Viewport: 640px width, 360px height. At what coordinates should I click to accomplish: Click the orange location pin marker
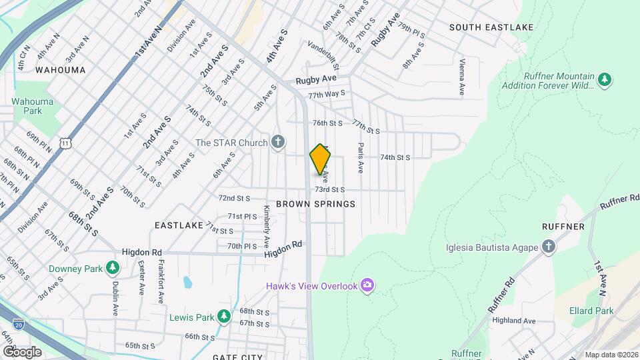pyautogui.click(x=320, y=159)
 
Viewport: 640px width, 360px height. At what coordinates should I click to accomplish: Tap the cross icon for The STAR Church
pyautogui.click(x=278, y=142)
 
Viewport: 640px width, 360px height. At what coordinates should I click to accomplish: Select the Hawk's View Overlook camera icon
pyautogui.click(x=367, y=286)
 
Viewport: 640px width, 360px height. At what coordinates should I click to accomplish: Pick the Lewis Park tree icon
pyautogui.click(x=225, y=316)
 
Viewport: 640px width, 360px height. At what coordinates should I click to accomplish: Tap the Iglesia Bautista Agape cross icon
pyautogui.click(x=548, y=248)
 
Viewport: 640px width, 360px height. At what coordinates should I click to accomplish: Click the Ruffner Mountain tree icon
pyautogui.click(x=605, y=79)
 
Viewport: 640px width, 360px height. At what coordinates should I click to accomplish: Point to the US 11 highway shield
pyautogui.click(x=65, y=142)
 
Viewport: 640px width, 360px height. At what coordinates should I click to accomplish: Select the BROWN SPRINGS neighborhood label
pyautogui.click(x=315, y=203)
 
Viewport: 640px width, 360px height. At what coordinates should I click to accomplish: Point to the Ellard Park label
pyautogui.click(x=591, y=311)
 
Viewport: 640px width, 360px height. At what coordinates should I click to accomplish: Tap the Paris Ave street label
pyautogui.click(x=360, y=158)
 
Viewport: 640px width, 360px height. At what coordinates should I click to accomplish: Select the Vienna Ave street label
pyautogui.click(x=461, y=75)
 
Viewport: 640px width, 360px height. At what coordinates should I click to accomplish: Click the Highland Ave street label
pyautogui.click(x=514, y=321)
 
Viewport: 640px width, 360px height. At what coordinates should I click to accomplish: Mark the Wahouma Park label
pyautogui.click(x=28, y=107)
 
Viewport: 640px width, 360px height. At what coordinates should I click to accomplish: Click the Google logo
pyautogui.click(x=22, y=351)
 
